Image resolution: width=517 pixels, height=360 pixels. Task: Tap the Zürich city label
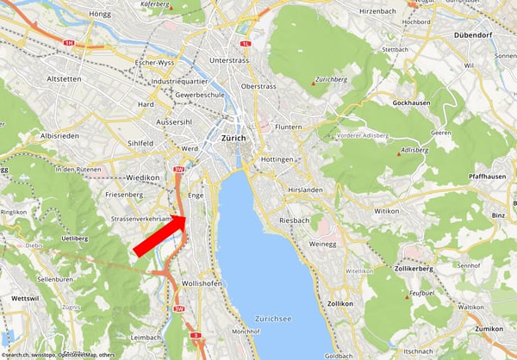(233, 138)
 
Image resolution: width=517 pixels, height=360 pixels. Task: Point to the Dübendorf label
(472, 35)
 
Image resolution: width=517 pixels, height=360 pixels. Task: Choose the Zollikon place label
(340, 303)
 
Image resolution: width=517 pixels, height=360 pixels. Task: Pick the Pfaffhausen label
(486, 176)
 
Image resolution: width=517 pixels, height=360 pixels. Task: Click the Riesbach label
(294, 220)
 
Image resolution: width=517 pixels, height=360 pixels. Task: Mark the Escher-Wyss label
(157, 65)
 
